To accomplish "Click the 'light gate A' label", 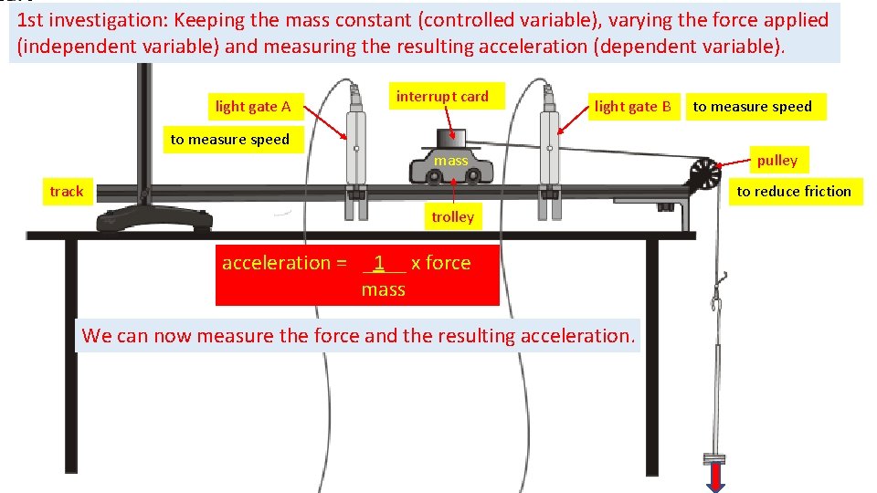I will pyautogui.click(x=253, y=107).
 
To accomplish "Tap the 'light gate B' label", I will pyautogui.click(x=632, y=107).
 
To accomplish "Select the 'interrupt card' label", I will pyautogui.click(x=442, y=96).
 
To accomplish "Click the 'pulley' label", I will pyautogui.click(x=777, y=161).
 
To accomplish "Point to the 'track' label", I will pyautogui.click(x=66, y=192).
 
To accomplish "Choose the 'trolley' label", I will pyautogui.click(x=452, y=216).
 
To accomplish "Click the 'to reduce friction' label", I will pyautogui.click(x=793, y=191).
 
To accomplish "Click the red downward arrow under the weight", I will pyautogui.click(x=714, y=477).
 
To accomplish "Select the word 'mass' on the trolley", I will pyautogui.click(x=450, y=161).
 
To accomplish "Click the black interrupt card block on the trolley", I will pyautogui.click(x=450, y=140).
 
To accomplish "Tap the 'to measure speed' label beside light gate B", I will pyautogui.click(x=752, y=107).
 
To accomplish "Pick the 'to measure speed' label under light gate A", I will pyautogui.click(x=229, y=140).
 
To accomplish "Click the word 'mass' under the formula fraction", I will pyautogui.click(x=383, y=289).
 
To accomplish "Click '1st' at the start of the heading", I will pyautogui.click(x=32, y=20).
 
